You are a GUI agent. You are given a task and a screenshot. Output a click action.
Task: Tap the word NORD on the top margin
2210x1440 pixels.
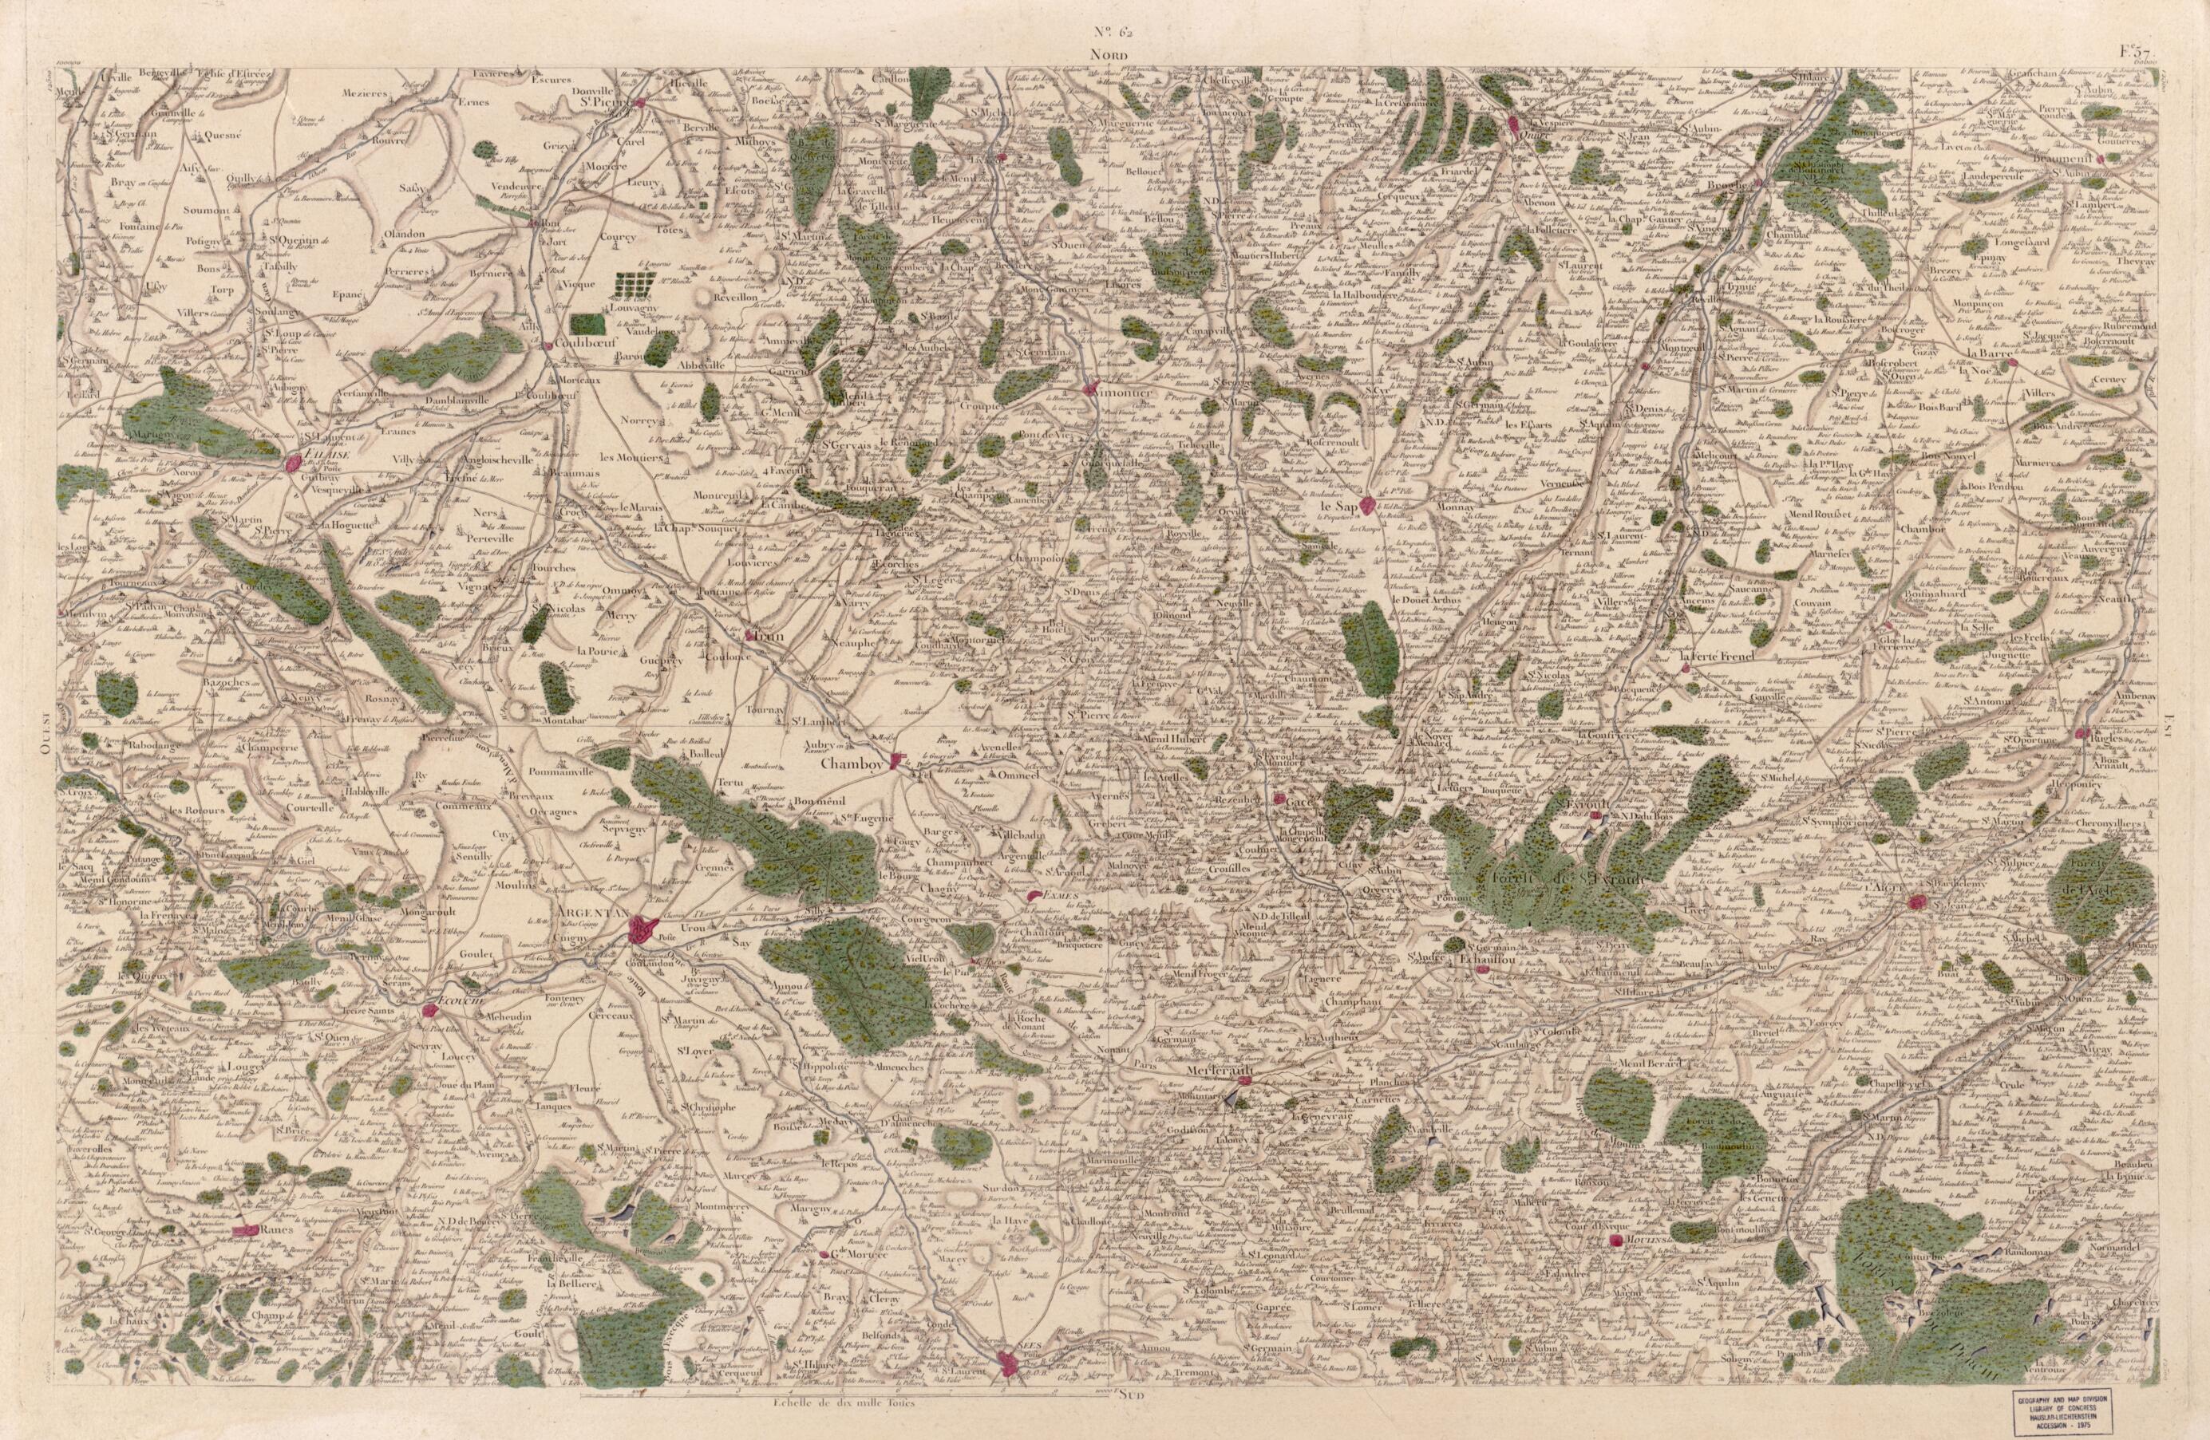point(1109,56)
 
